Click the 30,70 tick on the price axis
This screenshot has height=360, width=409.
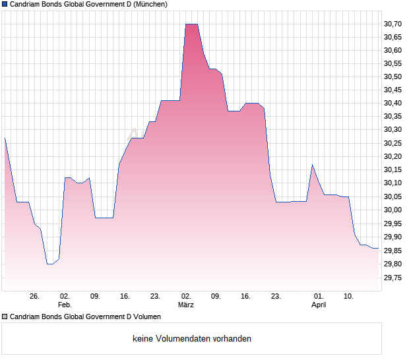393,24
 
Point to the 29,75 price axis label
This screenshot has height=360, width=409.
393,278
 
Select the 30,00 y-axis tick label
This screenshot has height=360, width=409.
393,210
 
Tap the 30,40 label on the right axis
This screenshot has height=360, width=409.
393,104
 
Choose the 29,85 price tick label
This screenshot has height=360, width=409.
393,251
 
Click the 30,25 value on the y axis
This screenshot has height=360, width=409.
393,143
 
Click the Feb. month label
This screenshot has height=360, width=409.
65,305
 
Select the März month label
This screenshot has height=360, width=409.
186,305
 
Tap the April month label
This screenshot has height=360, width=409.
319,305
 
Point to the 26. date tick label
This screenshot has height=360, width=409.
35,297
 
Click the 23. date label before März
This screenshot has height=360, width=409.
156,297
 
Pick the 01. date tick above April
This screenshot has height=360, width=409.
319,297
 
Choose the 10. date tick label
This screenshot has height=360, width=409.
349,297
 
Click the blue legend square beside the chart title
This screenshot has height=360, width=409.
5,4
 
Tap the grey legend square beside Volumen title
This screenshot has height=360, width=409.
5,316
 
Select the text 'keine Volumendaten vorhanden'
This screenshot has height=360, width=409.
192,339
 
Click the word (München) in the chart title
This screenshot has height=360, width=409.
150,4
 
